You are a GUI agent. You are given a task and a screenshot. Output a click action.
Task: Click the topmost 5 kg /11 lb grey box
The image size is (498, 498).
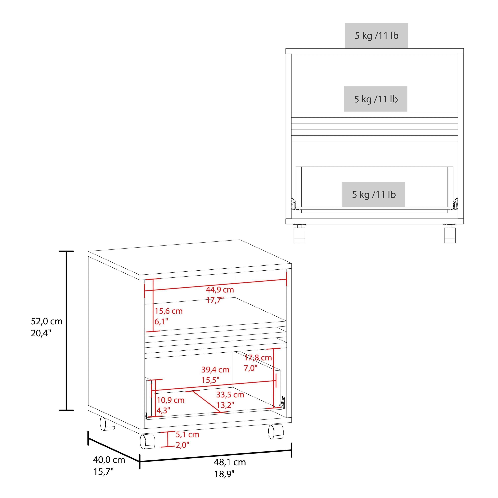[x=376, y=35]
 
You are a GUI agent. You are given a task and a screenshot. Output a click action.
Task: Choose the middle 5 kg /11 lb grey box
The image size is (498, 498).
[x=375, y=99]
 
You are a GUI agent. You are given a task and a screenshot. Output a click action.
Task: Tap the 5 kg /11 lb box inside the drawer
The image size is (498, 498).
[x=374, y=194]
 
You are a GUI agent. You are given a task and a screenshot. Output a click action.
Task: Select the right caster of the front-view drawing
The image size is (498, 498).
[x=450, y=234]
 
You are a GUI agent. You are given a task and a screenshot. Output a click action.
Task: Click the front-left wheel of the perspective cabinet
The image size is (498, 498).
[x=147, y=441]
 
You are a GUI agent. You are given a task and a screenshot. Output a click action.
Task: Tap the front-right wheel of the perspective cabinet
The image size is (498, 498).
[x=276, y=432]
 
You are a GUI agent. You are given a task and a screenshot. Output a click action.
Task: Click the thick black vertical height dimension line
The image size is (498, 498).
[x=67, y=331]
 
